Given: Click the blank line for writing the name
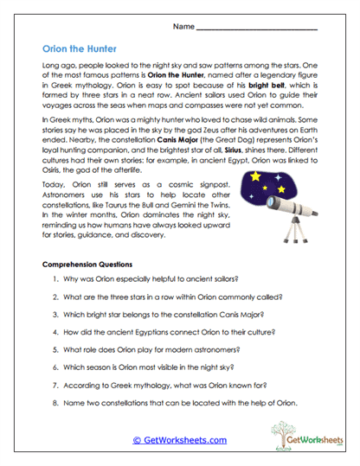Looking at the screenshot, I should [x=256, y=30].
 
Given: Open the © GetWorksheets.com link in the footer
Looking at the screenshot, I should [x=180, y=440].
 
